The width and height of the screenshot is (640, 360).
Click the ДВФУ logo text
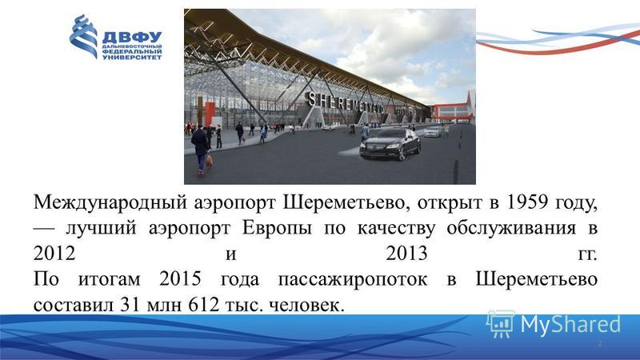(x=132, y=37)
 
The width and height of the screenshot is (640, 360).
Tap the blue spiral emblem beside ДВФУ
(x=83, y=36)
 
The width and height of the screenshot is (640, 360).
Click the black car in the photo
(x=390, y=143)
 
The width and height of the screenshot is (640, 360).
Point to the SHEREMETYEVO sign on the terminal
(x=345, y=102)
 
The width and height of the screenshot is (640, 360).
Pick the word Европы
(x=277, y=229)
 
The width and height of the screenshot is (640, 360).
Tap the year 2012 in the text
(x=54, y=254)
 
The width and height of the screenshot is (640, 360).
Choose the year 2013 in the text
(x=406, y=254)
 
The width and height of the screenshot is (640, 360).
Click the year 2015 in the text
(x=180, y=279)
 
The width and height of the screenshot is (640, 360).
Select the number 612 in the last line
(x=204, y=305)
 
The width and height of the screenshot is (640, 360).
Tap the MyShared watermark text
(x=570, y=325)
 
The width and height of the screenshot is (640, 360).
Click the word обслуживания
(x=511, y=229)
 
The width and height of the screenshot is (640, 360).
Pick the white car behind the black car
(x=433, y=131)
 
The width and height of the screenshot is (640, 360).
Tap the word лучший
(x=101, y=229)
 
